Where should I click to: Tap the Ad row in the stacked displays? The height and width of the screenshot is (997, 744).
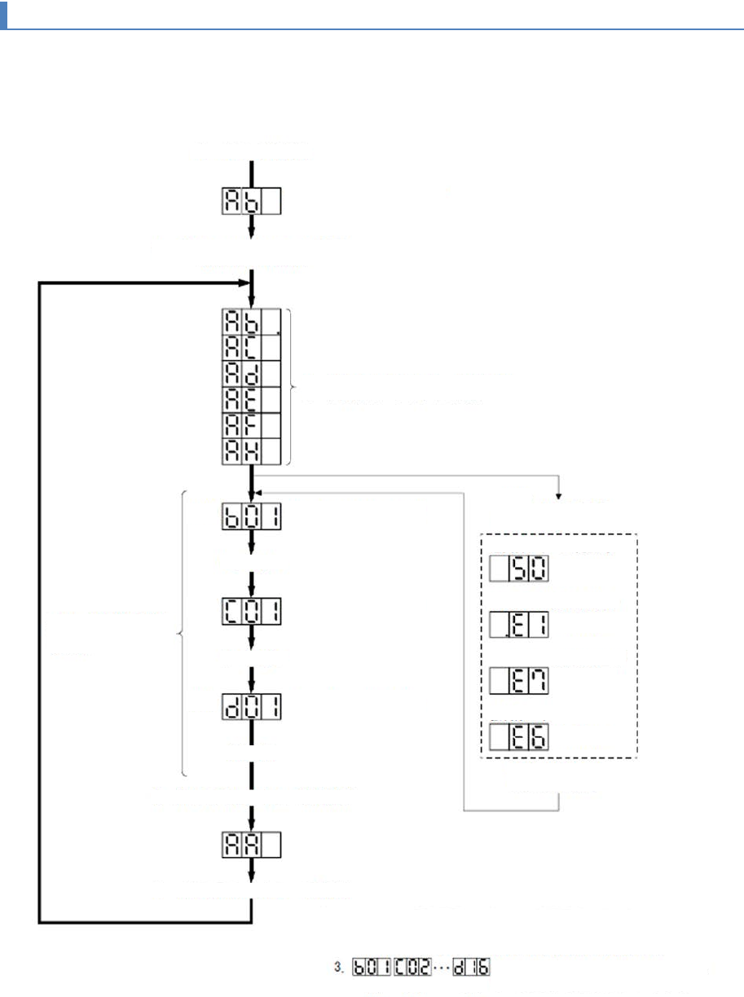(x=252, y=373)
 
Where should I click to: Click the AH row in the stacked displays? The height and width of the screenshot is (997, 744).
(x=252, y=451)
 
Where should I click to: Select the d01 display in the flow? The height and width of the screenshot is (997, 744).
(x=252, y=705)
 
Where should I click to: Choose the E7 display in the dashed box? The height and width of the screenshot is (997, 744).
(x=519, y=681)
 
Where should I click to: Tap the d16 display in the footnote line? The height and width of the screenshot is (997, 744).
(x=475, y=969)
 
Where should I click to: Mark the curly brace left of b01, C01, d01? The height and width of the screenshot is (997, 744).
(x=181, y=633)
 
